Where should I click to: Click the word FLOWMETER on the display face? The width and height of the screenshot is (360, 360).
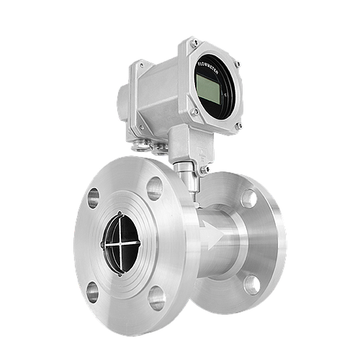(207, 68)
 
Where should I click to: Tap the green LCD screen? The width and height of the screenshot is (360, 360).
(208, 89)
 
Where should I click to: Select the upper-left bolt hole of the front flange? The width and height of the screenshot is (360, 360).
(93, 198)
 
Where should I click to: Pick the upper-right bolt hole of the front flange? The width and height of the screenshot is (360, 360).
(155, 189)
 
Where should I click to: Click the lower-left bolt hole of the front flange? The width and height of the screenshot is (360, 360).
(92, 292)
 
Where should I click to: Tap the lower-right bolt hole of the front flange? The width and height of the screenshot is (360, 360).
(157, 298)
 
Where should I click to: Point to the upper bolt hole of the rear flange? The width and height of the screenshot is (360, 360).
(249, 199)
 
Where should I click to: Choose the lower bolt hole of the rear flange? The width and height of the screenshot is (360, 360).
(252, 285)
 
